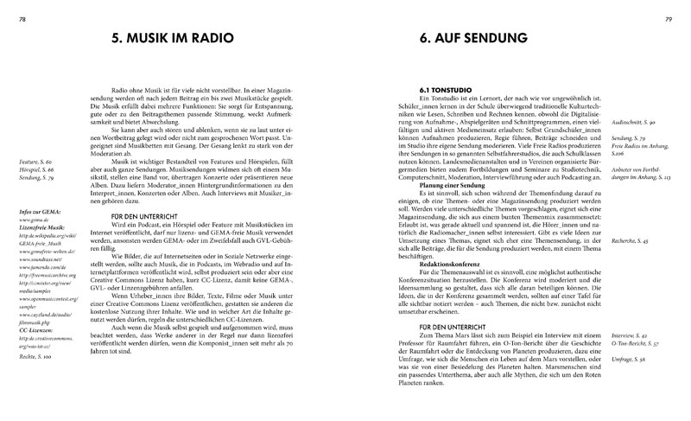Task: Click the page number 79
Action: click(x=679, y=9)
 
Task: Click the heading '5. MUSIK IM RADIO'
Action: click(x=175, y=40)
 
